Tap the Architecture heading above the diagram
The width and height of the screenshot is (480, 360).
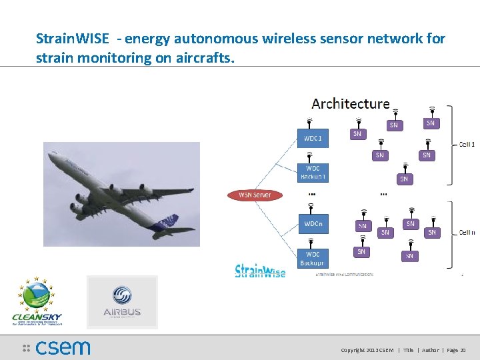pyautogui.click(x=351, y=103)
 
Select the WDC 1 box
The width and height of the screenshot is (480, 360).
pyautogui.click(x=313, y=139)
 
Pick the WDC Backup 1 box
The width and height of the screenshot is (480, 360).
pyautogui.click(x=313, y=172)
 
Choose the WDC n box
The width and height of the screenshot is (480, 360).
pyautogui.click(x=313, y=224)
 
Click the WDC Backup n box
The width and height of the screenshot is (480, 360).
pyautogui.click(x=313, y=258)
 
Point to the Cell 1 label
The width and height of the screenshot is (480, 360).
pyautogui.click(x=467, y=144)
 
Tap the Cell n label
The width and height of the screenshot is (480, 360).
pyautogui.click(x=467, y=233)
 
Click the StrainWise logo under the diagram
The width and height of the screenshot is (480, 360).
pyautogui.click(x=260, y=271)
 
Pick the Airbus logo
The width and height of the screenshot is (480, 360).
pyautogui.click(x=122, y=302)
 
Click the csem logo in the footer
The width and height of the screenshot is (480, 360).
pyautogui.click(x=57, y=347)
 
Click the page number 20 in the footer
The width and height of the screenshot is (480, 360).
pyautogui.click(x=463, y=350)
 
